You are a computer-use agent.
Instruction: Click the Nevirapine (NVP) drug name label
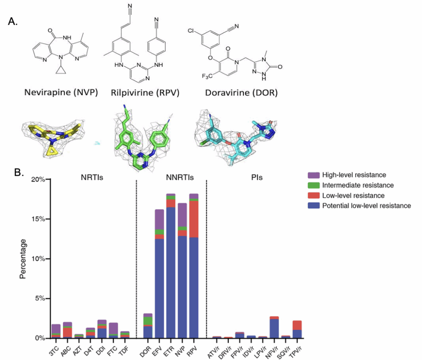[61, 92]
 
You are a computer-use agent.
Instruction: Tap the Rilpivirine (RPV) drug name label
[145, 93]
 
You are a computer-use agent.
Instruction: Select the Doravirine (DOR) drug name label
[241, 93]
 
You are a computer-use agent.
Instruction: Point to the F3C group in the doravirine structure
[207, 77]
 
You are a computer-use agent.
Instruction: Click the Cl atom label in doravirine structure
[190, 30]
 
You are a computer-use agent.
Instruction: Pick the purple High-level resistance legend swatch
[314, 175]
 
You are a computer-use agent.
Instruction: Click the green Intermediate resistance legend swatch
[314, 185]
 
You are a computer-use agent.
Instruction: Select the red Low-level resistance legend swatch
[314, 196]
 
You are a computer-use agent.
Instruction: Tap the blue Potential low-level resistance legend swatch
[314, 206]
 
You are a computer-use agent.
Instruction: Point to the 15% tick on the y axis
[48, 219]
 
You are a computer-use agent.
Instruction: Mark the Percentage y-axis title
[23, 259]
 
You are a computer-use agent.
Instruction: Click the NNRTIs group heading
[180, 178]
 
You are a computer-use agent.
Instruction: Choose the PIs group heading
[257, 178]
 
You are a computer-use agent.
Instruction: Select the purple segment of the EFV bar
[159, 220]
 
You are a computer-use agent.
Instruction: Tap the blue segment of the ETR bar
[171, 273]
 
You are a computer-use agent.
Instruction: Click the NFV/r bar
[274, 327]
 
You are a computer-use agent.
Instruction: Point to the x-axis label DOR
[145, 351]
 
